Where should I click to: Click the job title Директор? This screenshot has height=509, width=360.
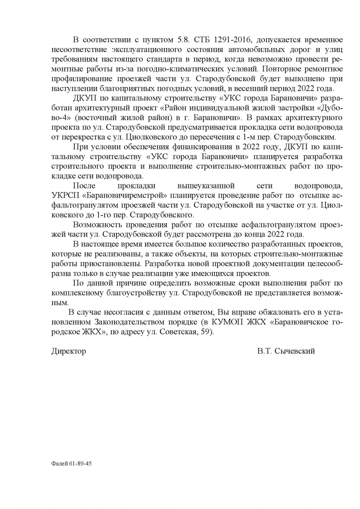[x=68, y=351]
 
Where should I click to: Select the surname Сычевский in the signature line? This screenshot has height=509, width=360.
[x=295, y=351]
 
